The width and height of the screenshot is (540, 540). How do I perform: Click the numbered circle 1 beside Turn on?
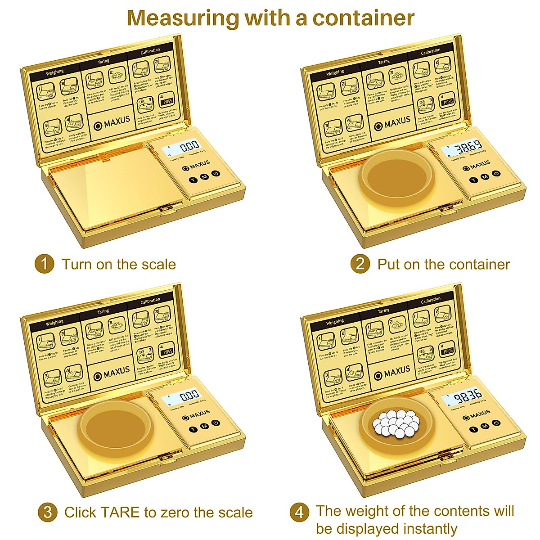[x=44, y=264]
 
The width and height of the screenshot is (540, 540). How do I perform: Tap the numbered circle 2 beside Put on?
[x=360, y=264]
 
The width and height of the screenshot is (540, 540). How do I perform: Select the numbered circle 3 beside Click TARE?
[x=47, y=512]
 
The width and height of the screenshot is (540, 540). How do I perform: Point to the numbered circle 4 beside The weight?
[x=299, y=512]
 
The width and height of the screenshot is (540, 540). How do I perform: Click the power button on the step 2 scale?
[x=496, y=174]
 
